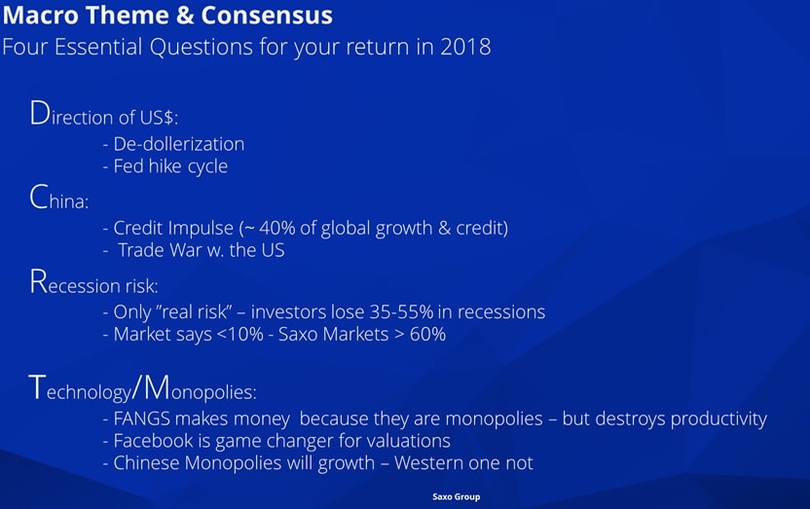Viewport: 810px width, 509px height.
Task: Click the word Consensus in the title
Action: [267, 15]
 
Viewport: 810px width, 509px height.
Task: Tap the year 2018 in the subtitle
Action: [465, 47]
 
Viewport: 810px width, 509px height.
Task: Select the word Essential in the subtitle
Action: [98, 47]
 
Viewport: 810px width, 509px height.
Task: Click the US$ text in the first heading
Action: [159, 118]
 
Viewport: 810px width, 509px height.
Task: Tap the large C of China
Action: [39, 197]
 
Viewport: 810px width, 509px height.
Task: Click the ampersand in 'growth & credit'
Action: [444, 228]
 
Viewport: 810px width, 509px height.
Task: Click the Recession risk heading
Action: [94, 282]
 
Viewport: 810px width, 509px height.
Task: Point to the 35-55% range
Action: [401, 311]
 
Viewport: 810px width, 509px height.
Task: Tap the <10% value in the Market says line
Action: [240, 335]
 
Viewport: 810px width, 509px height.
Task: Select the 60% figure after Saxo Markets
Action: [427, 335]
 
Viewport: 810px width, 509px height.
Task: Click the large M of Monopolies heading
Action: [157, 387]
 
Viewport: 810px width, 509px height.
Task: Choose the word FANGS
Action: [141, 418]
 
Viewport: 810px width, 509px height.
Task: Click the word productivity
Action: [718, 419]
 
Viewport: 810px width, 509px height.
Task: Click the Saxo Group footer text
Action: [457, 496]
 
